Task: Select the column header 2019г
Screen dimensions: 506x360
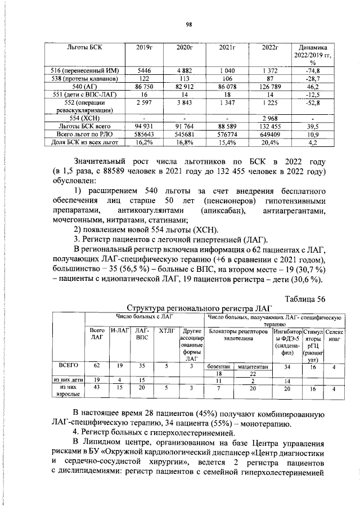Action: [x=145, y=47]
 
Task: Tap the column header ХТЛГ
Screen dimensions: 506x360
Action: [x=166, y=331]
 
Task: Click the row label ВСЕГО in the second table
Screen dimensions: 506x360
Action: [x=68, y=365]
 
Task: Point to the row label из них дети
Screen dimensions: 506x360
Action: [x=68, y=380]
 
